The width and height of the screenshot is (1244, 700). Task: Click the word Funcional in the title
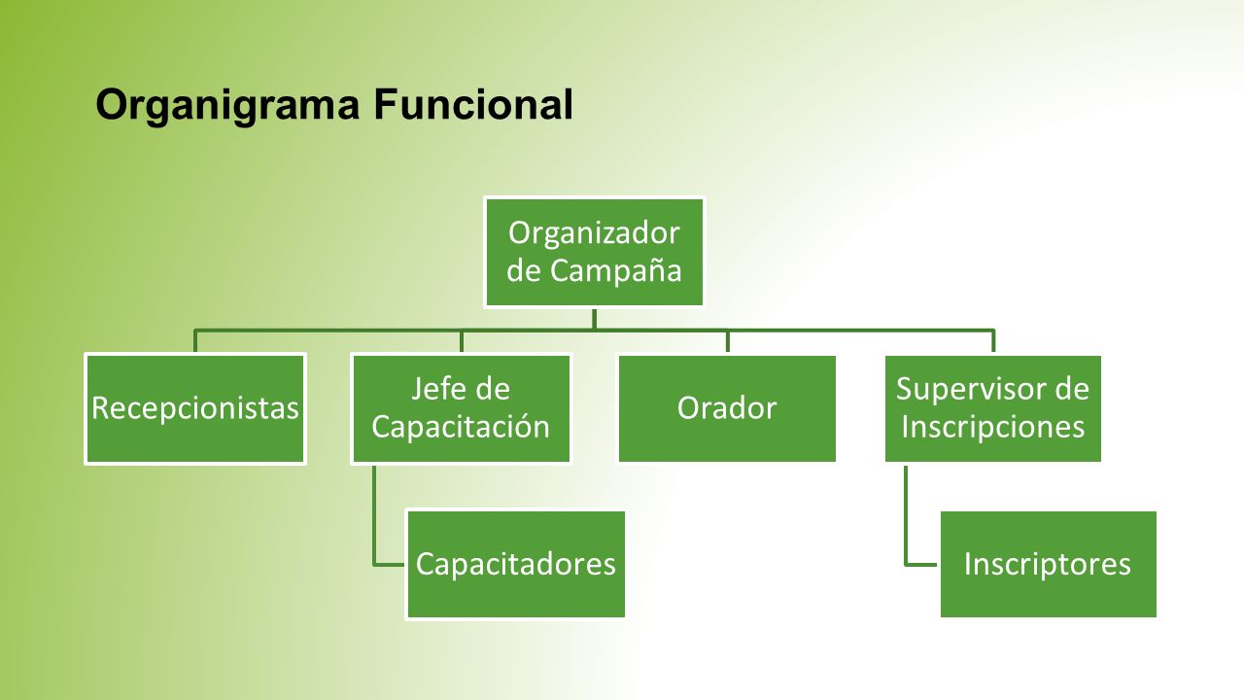click(x=473, y=104)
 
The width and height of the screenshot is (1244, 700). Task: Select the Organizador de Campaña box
click(x=594, y=252)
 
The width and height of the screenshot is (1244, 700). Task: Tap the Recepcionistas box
click(x=195, y=408)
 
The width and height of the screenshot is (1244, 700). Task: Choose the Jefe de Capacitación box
click(x=461, y=408)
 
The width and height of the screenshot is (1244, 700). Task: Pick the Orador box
click(x=727, y=408)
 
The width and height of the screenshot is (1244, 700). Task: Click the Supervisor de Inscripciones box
click(x=993, y=408)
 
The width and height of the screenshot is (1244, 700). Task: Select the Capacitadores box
click(x=516, y=564)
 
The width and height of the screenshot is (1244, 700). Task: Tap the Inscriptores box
click(x=1048, y=564)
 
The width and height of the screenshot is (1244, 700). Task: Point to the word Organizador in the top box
click(x=594, y=233)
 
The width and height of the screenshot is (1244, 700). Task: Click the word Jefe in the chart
click(x=434, y=388)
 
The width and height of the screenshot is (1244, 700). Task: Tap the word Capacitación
click(x=461, y=427)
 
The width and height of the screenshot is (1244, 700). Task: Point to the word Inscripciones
click(x=993, y=427)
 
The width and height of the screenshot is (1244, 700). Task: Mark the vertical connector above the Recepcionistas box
click(x=195, y=341)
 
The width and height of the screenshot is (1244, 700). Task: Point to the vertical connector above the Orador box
click(x=728, y=341)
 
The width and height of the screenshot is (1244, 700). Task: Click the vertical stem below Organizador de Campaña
click(x=594, y=319)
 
